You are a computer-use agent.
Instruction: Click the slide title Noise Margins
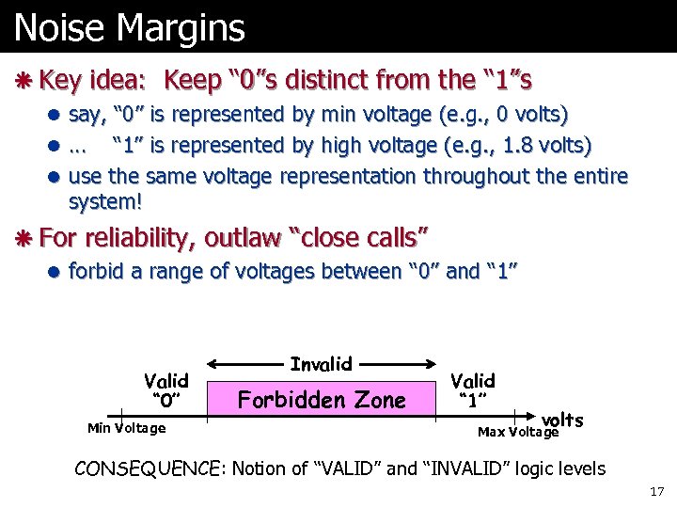coord(130,27)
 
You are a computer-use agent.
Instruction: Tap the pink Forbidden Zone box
coord(322,400)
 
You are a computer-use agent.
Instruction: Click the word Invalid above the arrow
coord(322,363)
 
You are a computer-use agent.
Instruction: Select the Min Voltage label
coord(126,429)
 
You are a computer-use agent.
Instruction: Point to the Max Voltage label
coord(518,432)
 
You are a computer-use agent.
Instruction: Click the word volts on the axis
coord(561,420)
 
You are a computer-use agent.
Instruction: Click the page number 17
coord(655,492)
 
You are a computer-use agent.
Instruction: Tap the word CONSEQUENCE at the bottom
coord(150,468)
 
